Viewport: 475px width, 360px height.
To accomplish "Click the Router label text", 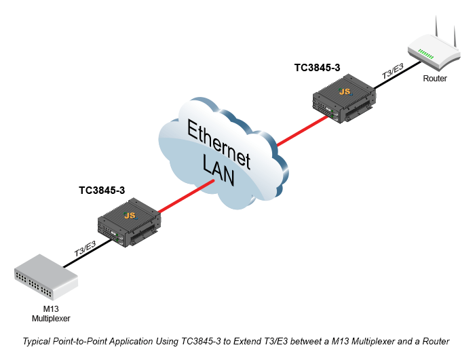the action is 435,79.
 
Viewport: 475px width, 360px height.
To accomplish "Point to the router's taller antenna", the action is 436,26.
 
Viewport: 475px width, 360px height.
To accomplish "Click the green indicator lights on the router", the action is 425,54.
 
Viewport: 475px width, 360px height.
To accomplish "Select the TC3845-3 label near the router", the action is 317,68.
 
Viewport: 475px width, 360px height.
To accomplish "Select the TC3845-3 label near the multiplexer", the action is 102,190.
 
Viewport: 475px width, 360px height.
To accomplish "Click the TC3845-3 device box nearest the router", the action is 344,98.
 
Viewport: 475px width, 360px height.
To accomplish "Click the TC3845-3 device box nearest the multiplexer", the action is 129,222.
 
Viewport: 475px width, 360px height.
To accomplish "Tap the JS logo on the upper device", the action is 345,91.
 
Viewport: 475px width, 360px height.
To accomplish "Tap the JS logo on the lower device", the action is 130,216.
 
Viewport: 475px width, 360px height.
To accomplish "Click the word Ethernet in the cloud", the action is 218,144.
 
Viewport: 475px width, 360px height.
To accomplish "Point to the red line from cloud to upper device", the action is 303,131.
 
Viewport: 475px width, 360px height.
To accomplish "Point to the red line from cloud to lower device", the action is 186,196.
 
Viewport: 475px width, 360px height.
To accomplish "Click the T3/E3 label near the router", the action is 393,71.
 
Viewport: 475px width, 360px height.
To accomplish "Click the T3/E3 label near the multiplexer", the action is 85,249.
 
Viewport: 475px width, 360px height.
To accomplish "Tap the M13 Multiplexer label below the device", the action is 51,314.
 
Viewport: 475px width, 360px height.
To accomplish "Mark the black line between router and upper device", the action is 398,75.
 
